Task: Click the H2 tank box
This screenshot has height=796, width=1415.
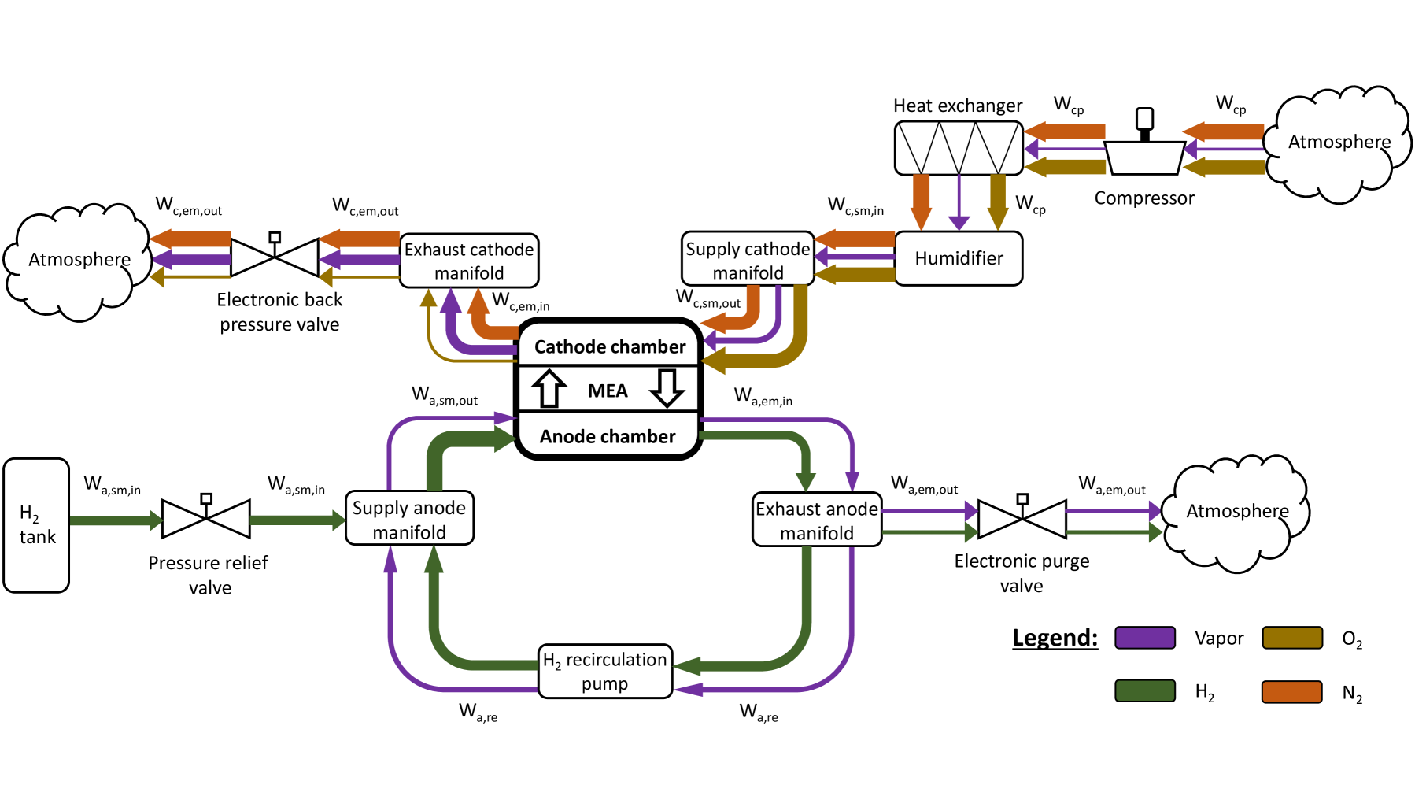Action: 36,525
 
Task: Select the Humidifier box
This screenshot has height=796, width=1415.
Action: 958,258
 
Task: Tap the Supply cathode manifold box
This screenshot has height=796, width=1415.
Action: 748,260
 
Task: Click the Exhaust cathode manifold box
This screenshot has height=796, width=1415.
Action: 469,261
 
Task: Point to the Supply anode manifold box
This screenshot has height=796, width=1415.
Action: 409,519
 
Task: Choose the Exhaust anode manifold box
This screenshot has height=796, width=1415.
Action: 816,520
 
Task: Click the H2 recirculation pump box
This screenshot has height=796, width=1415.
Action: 604,671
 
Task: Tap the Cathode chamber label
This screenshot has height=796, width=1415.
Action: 609,346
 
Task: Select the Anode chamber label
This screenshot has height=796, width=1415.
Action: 607,436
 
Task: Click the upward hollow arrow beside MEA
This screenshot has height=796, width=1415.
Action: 549,388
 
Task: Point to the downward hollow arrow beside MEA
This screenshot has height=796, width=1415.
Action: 667,388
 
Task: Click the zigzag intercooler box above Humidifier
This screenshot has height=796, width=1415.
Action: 959,148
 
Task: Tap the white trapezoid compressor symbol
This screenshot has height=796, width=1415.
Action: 1144,157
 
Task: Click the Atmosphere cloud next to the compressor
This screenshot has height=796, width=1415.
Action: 1338,143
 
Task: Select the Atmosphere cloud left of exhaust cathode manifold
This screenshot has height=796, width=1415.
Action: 79,261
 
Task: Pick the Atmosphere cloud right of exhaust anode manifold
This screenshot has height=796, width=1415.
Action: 1236,513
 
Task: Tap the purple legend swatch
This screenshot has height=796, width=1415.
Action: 1144,638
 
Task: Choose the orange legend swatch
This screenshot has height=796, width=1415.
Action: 1291,691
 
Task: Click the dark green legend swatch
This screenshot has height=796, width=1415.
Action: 1144,690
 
